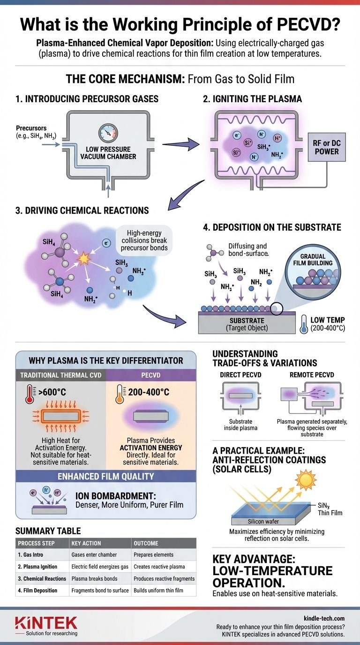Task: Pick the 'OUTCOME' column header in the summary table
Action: point(146,543)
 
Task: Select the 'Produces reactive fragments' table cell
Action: point(164,578)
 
